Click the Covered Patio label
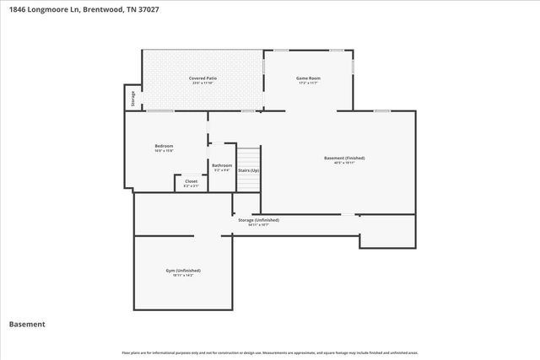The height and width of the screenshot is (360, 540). click(202, 78)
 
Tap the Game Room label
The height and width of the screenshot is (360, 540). click(308, 78)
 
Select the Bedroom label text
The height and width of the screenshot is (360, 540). click(164, 146)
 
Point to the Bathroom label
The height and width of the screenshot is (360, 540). click(222, 165)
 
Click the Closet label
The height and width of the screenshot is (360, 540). click(192, 180)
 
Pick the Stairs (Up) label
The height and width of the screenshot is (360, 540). click(248, 170)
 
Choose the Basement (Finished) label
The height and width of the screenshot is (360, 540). click(344, 158)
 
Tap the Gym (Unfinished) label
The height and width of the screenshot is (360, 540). click(183, 270)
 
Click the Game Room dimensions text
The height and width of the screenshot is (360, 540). click(308, 83)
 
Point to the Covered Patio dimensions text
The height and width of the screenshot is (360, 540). click(202, 83)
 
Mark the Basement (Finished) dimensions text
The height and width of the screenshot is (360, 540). click(344, 163)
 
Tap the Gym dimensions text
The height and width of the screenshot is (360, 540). click(183, 275)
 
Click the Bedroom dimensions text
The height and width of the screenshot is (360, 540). click(164, 151)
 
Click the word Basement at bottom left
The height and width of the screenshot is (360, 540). click(27, 324)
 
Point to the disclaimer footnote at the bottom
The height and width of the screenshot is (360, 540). click(269, 352)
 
